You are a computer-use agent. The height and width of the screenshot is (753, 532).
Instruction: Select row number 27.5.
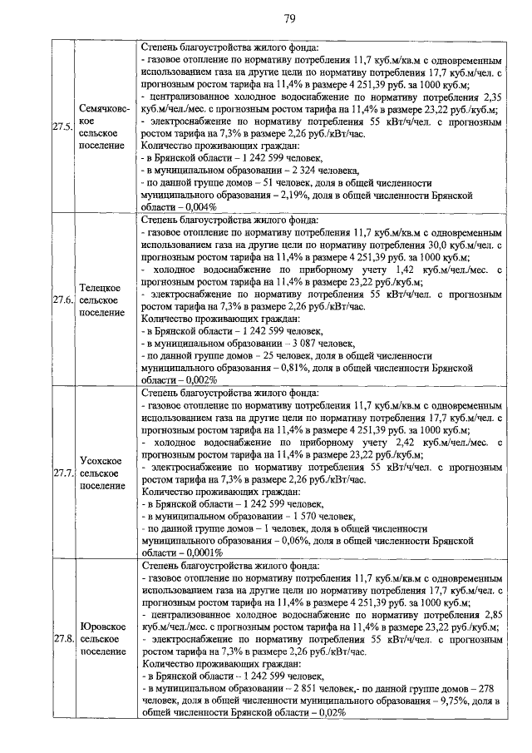[62, 128]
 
